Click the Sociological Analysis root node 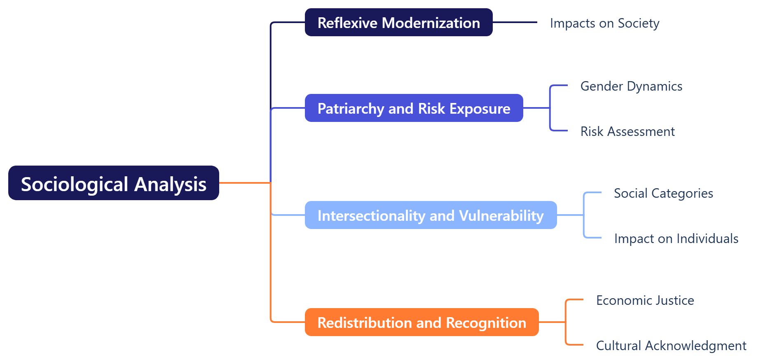[x=113, y=183]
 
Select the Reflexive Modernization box [x=398, y=22]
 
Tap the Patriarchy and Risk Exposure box [x=414, y=108]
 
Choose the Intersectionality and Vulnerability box [x=431, y=215]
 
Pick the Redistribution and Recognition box [x=421, y=322]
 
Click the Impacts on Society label [x=604, y=23]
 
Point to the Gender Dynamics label [x=631, y=86]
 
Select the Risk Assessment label [x=627, y=131]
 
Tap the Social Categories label [x=663, y=193]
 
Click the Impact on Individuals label [x=676, y=238]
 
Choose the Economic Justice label [x=645, y=300]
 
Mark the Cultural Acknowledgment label [x=671, y=346]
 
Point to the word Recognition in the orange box [x=486, y=323]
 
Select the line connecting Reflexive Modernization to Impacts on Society [x=515, y=22]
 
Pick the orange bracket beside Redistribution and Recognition [x=566, y=322]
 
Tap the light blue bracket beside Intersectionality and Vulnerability [x=584, y=215]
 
